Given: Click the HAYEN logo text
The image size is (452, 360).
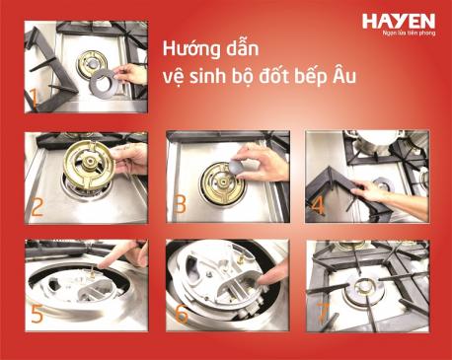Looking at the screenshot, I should tap(398, 21).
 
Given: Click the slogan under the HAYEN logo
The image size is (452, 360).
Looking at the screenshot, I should tap(404, 35).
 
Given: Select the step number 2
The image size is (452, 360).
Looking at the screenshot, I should tap(37, 206).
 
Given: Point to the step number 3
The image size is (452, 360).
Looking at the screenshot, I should tap(180, 206).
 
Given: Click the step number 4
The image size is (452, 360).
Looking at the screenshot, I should tap(320, 207).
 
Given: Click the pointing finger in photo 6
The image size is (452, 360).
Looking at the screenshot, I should tap(276, 292).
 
